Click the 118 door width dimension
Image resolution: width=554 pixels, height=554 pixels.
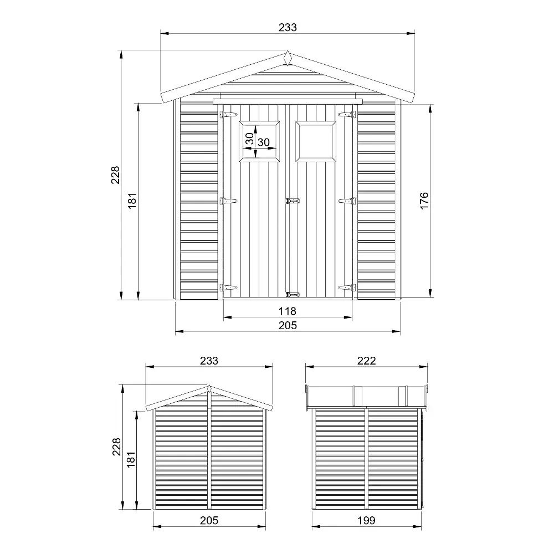coord(287,311)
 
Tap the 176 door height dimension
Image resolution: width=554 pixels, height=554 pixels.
coord(424,201)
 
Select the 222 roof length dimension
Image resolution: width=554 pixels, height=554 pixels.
coord(366,361)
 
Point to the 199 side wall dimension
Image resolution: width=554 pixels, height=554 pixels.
coord(366,520)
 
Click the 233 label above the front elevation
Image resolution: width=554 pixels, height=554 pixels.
coord(288,27)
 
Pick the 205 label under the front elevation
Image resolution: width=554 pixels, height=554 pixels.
coord(288,325)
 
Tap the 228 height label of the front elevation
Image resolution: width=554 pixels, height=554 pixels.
coord(116,175)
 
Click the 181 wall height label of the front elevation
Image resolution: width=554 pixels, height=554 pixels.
coord(132,201)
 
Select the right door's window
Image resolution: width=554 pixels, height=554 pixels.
coord(316,141)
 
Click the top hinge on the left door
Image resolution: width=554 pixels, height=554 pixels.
coord(229,115)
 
